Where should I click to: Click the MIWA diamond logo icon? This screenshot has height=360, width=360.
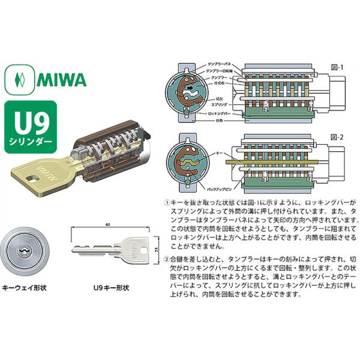point(17,78)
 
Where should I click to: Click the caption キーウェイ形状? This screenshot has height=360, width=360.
point(25,287)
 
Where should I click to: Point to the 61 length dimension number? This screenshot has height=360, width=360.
point(107,224)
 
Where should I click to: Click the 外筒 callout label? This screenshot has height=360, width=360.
point(211,119)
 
